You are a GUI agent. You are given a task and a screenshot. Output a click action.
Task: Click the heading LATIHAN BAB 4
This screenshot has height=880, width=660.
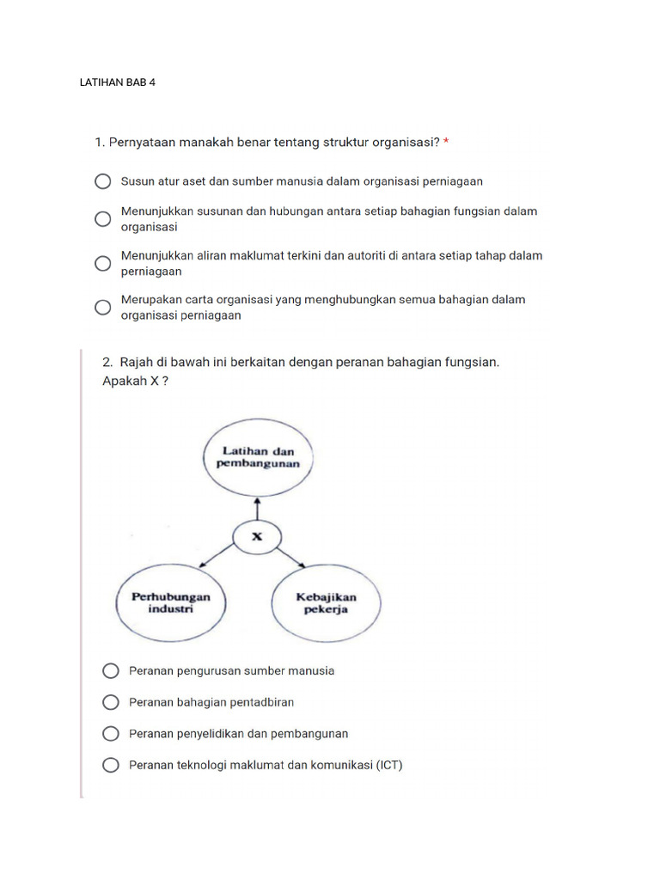117,82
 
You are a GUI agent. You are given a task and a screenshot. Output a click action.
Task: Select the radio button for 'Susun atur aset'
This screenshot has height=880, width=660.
102,181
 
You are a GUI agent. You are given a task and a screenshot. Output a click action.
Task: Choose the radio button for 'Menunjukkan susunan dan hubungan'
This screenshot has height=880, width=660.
102,219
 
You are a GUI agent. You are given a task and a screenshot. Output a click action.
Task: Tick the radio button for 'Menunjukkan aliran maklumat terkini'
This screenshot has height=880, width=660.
102,263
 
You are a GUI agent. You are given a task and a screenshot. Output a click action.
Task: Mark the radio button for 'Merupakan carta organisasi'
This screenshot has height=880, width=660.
102,307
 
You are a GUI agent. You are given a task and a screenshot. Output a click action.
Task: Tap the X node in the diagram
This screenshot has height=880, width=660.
256,537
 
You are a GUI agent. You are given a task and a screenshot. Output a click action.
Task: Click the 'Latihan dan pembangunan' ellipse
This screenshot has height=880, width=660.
258,456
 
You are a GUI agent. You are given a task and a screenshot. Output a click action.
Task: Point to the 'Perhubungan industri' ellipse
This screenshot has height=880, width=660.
170,602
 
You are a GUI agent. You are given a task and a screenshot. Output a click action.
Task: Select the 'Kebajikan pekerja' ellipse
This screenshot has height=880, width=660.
327,602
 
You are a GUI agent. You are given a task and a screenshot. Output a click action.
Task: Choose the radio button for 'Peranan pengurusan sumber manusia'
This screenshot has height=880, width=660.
110,671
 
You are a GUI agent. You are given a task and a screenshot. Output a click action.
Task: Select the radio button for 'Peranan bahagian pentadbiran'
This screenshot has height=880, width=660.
110,702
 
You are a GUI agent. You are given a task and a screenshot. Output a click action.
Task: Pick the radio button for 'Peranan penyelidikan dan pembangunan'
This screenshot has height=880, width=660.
110,734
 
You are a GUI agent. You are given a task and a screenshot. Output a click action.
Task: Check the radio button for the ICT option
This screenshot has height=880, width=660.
110,765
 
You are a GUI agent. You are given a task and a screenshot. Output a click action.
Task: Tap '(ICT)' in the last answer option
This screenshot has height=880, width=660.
388,765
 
